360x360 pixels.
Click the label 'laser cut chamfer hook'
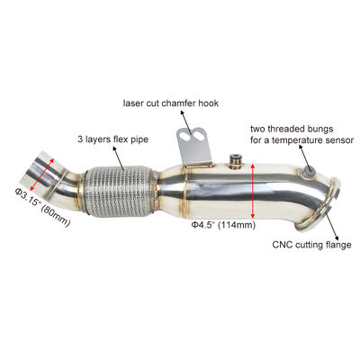[171, 103]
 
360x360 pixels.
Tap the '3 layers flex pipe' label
[113, 139]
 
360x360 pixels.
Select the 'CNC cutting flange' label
[311, 245]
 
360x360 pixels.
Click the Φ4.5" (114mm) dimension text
[223, 224]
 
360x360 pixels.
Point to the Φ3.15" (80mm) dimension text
[42, 207]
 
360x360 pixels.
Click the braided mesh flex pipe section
[118, 190]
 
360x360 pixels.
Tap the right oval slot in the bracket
[199, 135]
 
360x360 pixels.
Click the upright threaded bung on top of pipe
[234, 161]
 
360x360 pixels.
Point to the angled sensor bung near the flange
[309, 170]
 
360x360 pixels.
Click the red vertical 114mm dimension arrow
[253, 191]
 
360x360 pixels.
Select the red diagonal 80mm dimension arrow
[41, 175]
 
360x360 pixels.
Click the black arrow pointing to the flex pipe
[119, 157]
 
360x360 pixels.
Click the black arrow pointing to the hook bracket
[186, 122]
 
